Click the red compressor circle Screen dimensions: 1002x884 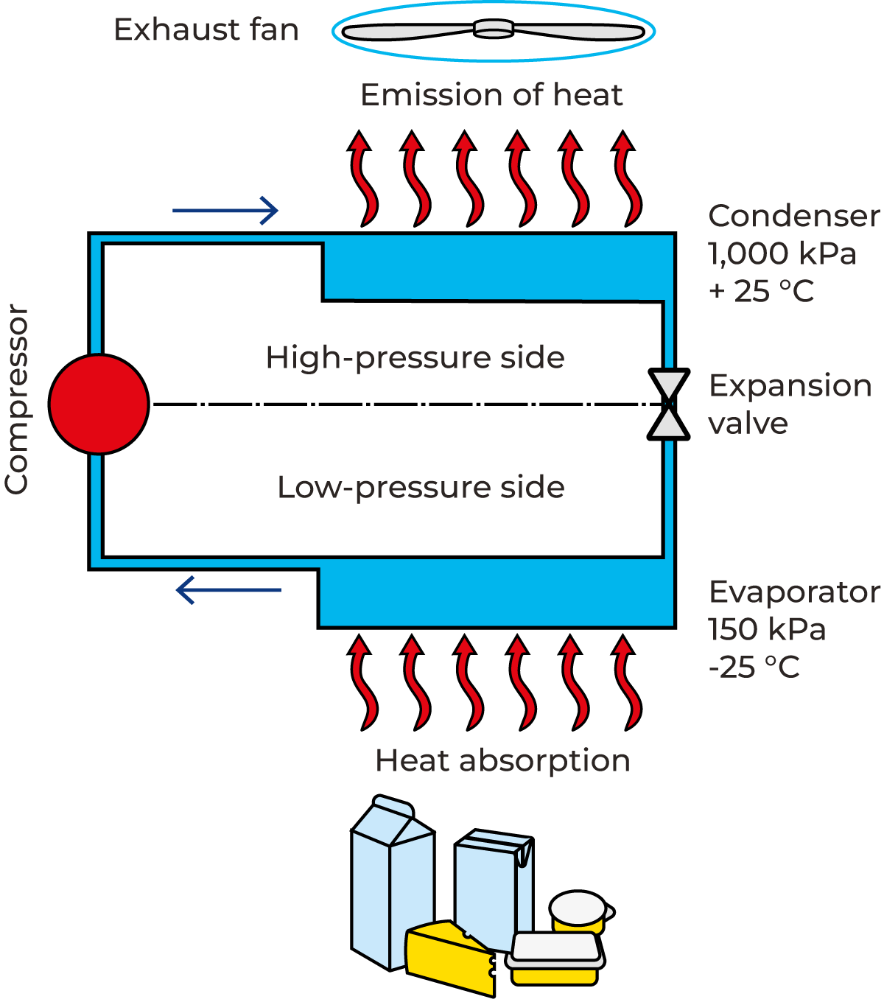99,404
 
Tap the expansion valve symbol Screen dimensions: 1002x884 669,404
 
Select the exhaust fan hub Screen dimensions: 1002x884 493,29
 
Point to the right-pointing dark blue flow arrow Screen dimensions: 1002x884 225,211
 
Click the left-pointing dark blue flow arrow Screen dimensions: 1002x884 228,590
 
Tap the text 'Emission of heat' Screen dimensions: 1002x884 491,95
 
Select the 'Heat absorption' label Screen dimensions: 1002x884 502,760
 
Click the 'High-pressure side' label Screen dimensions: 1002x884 415,358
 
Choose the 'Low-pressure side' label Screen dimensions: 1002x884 421,488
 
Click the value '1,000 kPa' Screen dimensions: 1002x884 782,254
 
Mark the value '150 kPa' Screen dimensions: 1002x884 767,630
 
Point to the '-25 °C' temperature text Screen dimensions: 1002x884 754,668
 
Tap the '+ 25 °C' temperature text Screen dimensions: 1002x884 761,292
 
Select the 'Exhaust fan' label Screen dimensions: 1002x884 206,30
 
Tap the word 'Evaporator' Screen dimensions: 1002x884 794,592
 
